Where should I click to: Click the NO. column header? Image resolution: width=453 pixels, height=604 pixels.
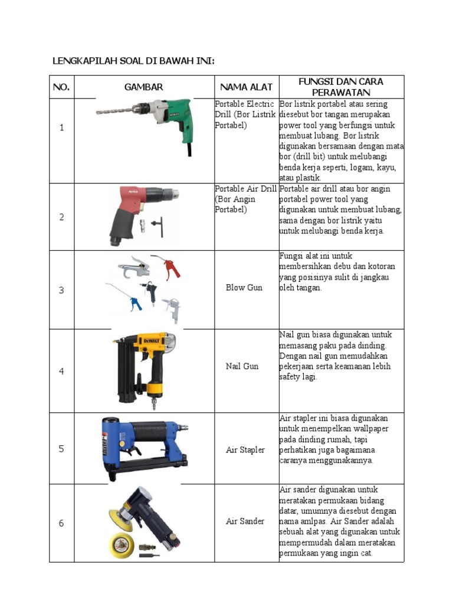(61, 87)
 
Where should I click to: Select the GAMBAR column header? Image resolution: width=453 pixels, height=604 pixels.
(143, 87)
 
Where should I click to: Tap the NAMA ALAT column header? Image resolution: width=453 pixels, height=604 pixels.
(247, 87)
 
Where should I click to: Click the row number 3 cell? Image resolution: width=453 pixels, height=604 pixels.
(61, 290)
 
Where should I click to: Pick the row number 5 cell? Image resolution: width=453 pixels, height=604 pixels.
(61, 449)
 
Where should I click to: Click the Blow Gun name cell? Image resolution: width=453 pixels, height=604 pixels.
(244, 288)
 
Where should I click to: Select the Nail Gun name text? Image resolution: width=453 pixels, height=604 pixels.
(242, 366)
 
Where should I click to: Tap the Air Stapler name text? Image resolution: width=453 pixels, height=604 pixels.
(245, 450)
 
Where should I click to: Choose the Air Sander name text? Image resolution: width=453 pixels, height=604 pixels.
(245, 521)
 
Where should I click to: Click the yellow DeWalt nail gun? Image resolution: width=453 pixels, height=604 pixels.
(147, 366)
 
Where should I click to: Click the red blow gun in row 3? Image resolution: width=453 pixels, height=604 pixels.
(168, 266)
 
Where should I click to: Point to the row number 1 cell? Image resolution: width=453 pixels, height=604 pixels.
(61, 127)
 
